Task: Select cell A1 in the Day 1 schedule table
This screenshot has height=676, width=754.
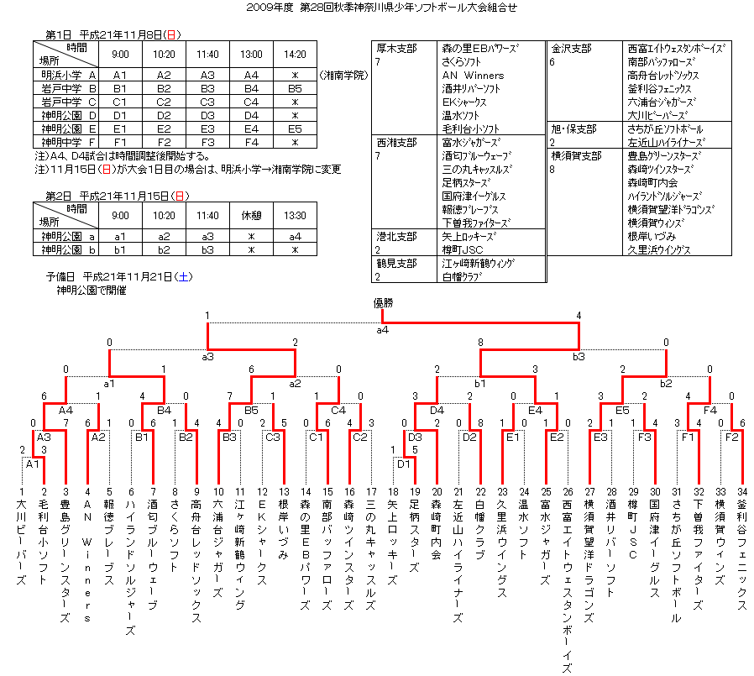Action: pyautogui.click(x=119, y=76)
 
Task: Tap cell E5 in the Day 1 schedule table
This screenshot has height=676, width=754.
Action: pyautogui.click(x=295, y=129)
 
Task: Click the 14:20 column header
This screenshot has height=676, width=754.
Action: pyautogui.click(x=295, y=55)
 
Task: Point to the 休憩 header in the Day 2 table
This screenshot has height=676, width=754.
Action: pyautogui.click(x=251, y=215)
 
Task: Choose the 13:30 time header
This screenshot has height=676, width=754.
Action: pyautogui.click(x=295, y=215)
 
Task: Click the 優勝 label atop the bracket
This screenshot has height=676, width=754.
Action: pyautogui.click(x=383, y=303)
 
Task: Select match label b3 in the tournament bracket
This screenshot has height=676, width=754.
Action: pyautogui.click(x=579, y=357)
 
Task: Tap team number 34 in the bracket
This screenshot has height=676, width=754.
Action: pyautogui.click(x=741, y=491)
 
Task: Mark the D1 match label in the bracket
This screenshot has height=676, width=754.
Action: pyautogui.click(x=404, y=464)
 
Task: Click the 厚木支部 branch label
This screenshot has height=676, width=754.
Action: pyautogui.click(x=395, y=49)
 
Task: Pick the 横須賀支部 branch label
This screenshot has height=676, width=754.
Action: pyautogui.click(x=576, y=156)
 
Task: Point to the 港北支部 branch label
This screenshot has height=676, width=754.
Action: pyautogui.click(x=396, y=237)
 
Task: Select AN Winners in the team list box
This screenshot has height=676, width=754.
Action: pyautogui.click(x=473, y=76)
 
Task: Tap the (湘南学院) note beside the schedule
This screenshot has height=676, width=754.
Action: pyautogui.click(x=343, y=76)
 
